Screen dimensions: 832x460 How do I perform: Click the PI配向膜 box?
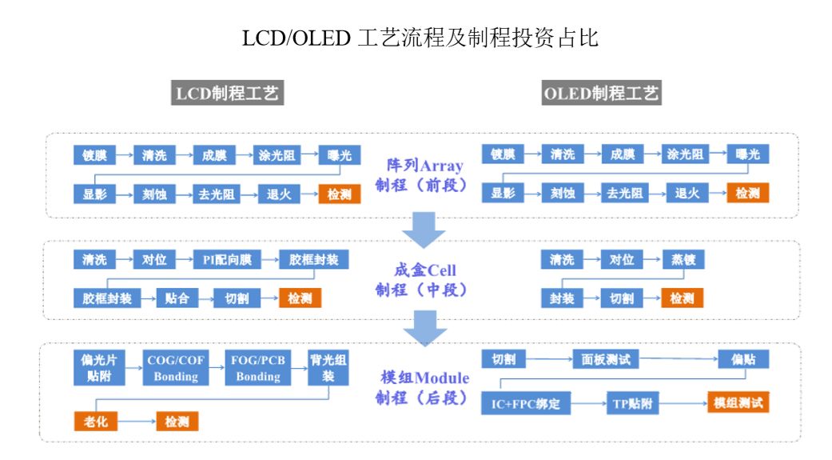coord(227,260)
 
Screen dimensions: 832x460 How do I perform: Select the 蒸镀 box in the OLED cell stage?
coord(683,260)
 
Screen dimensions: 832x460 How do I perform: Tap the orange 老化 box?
coord(96,422)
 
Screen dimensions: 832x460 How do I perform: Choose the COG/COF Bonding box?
coord(176,367)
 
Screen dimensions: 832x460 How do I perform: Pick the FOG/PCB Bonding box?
coord(258,367)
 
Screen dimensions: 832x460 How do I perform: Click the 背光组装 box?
coord(328,367)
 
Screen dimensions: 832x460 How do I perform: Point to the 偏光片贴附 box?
coord(99,367)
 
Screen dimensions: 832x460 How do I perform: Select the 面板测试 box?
coord(606,360)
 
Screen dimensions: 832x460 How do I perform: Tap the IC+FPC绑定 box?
coord(526,404)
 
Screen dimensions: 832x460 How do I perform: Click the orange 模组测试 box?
coord(738,402)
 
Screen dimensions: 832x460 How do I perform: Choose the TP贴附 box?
coord(632,404)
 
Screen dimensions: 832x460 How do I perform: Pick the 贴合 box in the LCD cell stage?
coord(177,298)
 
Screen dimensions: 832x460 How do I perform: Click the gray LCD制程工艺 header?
coord(227,93)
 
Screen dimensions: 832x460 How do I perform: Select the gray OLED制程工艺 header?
coord(601,93)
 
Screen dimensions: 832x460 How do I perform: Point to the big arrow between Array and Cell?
coord(424,230)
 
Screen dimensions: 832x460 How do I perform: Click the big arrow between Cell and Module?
coord(424,328)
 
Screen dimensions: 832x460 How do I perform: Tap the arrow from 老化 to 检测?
coord(137,422)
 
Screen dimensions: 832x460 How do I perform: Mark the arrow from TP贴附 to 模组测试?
coord(683,403)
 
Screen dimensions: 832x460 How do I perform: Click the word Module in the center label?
coord(444,378)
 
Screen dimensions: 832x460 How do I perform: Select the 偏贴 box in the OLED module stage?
coord(743,360)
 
